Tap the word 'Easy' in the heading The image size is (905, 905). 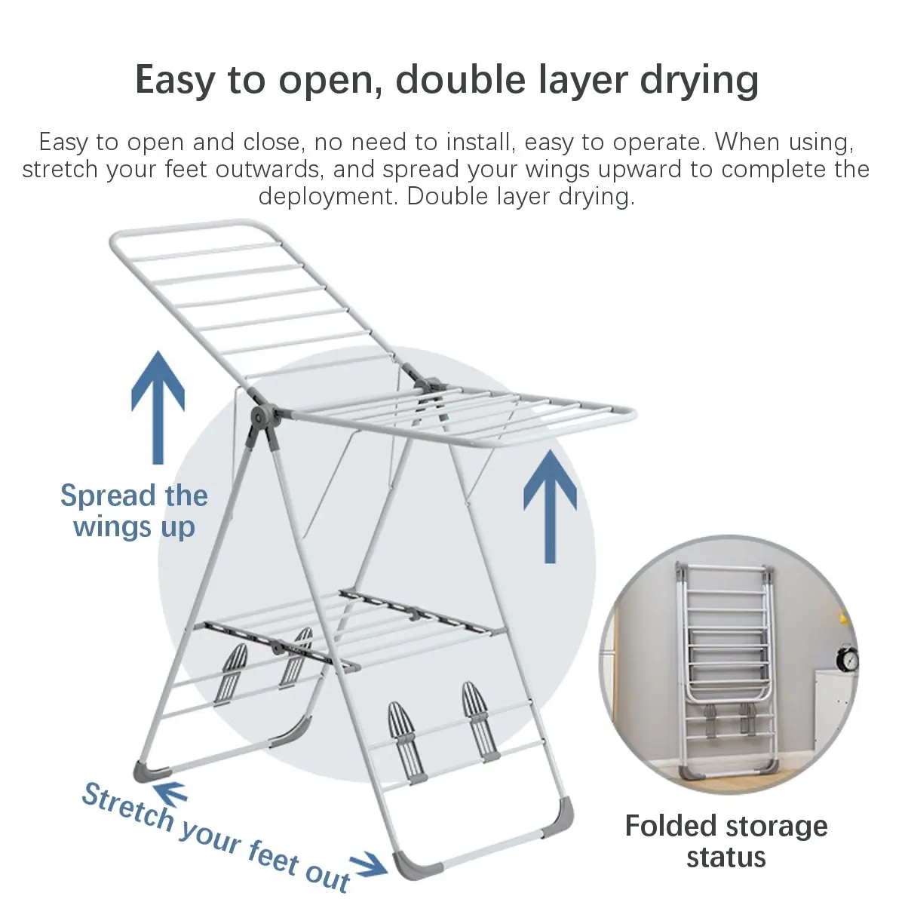[x=176, y=81]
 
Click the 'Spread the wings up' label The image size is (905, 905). [x=134, y=511]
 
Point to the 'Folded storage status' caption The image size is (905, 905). [x=726, y=841]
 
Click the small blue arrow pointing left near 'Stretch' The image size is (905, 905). [x=171, y=793]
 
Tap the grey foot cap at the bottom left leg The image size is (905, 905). [x=152, y=770]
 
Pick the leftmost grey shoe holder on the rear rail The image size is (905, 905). [x=233, y=671]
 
